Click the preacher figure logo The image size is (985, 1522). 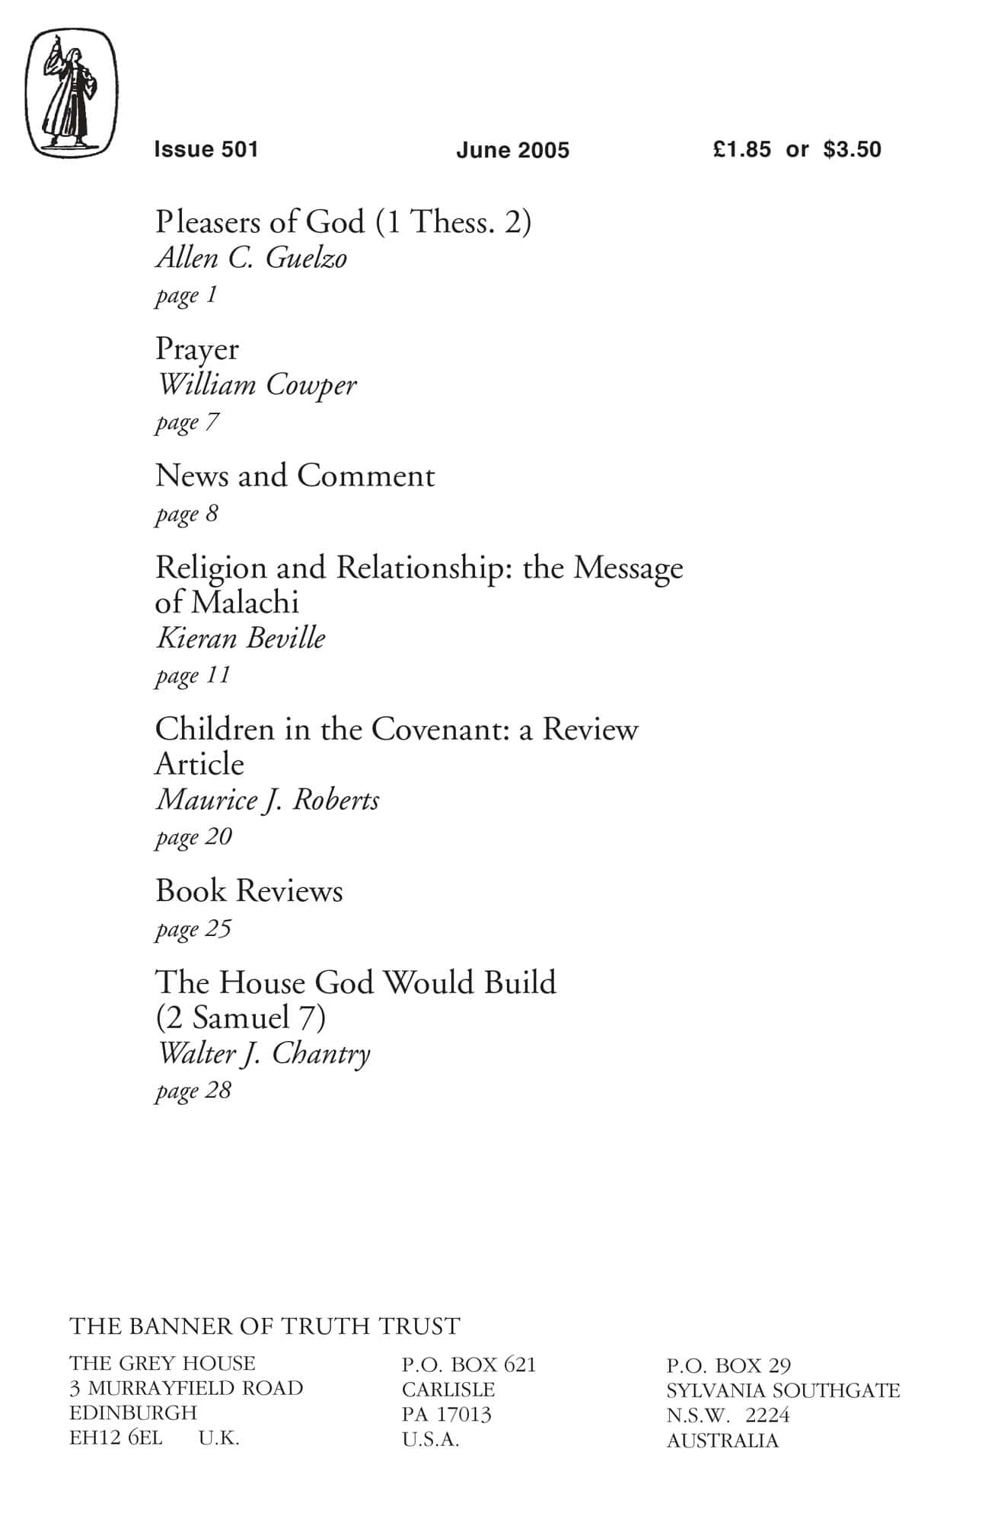pos(72,94)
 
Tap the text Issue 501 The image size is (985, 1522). pos(206,149)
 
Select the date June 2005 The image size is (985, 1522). pos(512,150)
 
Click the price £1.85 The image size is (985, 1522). pos(741,149)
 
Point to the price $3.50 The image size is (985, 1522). pos(852,149)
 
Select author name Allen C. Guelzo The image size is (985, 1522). pos(251,258)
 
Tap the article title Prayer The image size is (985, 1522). pos(196,349)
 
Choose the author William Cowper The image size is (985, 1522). pos(256,385)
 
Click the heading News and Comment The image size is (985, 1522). pos(295,476)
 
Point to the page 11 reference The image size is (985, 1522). pos(193,676)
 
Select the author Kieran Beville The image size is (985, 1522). pos(241,638)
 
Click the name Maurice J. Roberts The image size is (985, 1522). pos(267,800)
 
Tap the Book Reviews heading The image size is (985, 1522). pos(249,891)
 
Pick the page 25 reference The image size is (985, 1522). pos(193,929)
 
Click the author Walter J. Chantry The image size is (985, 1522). pos(263,1054)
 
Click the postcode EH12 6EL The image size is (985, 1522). pos(116,1438)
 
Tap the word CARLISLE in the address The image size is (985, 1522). pos(448,1390)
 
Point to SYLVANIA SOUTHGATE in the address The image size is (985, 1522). pos(783,1390)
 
